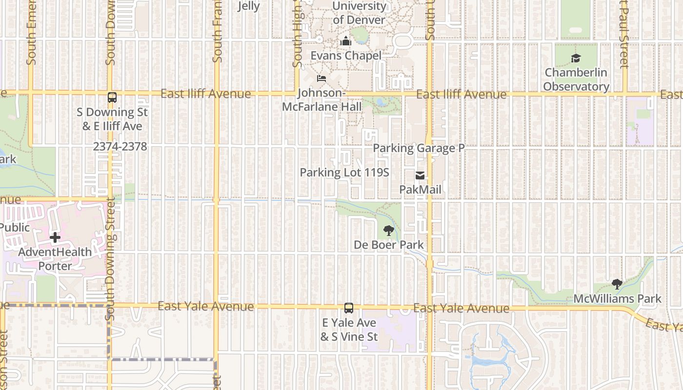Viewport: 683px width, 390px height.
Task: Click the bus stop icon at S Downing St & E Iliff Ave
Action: [x=112, y=97]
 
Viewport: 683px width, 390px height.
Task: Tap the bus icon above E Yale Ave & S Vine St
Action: [x=349, y=308]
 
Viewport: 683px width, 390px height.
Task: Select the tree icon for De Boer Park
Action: [x=389, y=231]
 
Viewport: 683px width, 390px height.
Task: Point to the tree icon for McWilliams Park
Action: [x=617, y=284]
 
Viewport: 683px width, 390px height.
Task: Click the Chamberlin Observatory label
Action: [x=576, y=79]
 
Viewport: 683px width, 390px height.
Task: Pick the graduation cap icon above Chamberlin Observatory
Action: [x=576, y=58]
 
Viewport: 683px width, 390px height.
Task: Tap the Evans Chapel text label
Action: [x=346, y=56]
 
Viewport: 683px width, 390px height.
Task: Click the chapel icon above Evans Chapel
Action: [x=346, y=41]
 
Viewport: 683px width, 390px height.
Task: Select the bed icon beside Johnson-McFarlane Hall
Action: [x=321, y=78]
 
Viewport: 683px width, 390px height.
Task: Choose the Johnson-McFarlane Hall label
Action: [x=322, y=99]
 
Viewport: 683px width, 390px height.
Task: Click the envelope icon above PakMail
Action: [x=420, y=175]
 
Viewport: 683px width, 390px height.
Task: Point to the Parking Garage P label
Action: [x=419, y=148]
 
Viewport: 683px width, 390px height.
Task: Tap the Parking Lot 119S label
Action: [x=344, y=172]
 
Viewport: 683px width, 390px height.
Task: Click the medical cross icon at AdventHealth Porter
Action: [x=55, y=238]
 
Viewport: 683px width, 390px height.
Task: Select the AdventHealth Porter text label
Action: [x=55, y=259]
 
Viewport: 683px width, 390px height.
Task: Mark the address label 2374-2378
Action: [x=120, y=147]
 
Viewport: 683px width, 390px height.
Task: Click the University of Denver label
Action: [x=360, y=13]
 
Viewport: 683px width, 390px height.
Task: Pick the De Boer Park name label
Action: [x=389, y=245]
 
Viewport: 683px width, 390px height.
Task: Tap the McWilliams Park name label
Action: [x=617, y=298]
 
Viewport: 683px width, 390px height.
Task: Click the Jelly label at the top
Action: [x=248, y=6]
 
